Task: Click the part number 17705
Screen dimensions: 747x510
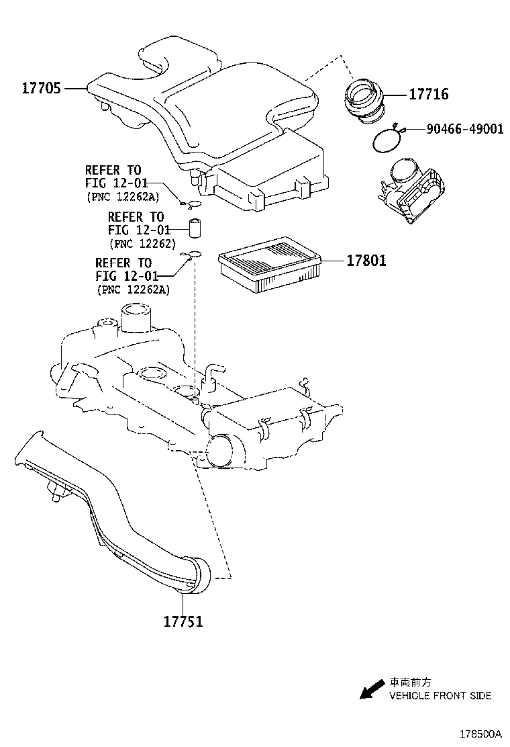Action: click(42, 88)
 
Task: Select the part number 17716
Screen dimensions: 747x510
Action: click(428, 95)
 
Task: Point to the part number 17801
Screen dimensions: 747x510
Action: click(366, 261)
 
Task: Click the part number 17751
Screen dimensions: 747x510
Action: click(183, 621)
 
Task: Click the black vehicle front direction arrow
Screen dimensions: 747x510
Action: click(368, 689)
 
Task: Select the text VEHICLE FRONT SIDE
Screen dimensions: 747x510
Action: click(440, 695)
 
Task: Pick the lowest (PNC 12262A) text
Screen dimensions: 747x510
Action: click(133, 290)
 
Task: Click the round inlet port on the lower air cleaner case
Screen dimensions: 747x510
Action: click(219, 451)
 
